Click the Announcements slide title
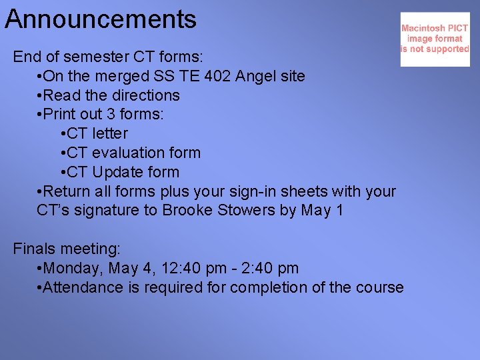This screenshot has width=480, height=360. point(101,19)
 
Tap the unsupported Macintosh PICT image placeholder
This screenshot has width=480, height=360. point(435,39)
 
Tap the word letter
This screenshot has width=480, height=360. point(110,133)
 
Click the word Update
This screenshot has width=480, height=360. point(117,172)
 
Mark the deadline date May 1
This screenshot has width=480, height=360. point(322,211)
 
